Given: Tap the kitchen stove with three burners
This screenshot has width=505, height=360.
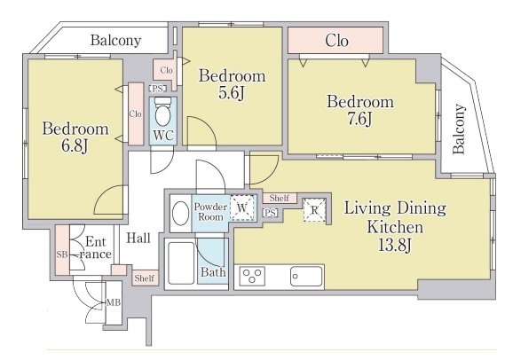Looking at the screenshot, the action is click(x=252, y=276).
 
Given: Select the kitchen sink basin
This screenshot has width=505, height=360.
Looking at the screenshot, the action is click(x=306, y=276).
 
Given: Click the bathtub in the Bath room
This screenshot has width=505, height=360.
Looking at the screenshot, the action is click(x=181, y=263).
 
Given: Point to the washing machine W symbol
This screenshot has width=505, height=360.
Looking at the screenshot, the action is click(x=242, y=207).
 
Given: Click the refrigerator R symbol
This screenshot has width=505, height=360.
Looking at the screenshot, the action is click(x=314, y=210).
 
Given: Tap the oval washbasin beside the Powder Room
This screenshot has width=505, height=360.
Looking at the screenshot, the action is click(x=181, y=213).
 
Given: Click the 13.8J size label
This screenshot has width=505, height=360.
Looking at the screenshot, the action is click(x=395, y=246).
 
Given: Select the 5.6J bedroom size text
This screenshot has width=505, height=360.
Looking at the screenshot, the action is click(x=232, y=93).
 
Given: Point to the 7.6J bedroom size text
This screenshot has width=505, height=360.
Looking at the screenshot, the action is click(x=360, y=120).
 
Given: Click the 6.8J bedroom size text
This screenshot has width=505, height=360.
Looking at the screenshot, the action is click(x=75, y=146).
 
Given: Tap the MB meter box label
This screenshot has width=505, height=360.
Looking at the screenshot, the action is click(x=114, y=302).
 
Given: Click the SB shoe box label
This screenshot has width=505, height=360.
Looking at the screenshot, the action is click(x=62, y=254).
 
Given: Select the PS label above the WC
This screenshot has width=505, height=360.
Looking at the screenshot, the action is click(x=157, y=89).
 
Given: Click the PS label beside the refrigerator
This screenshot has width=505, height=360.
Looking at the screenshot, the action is click(x=270, y=213).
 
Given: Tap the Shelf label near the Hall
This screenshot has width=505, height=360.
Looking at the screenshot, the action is click(x=145, y=278).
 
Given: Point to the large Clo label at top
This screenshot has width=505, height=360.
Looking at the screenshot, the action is click(x=336, y=41).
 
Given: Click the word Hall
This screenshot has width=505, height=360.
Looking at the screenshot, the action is click(x=138, y=238).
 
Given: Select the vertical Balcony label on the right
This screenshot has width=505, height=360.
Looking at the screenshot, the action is click(x=459, y=129).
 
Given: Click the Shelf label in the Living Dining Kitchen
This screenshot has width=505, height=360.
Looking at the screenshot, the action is click(x=280, y=198).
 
